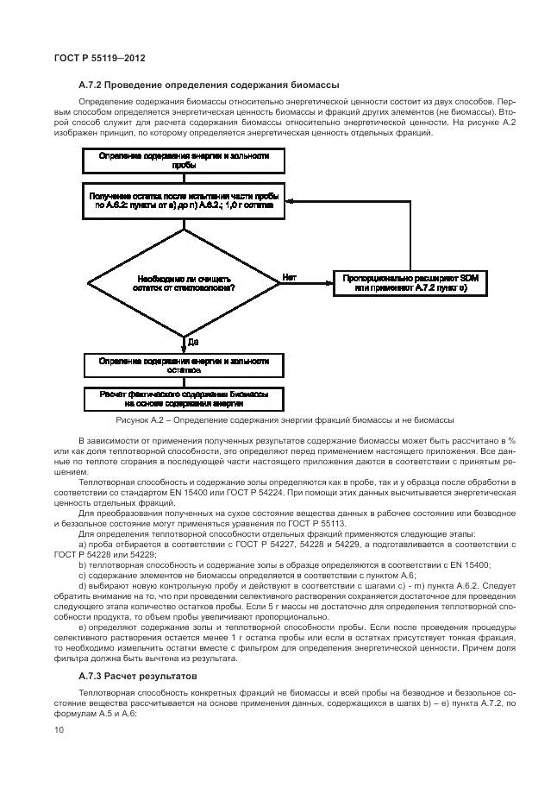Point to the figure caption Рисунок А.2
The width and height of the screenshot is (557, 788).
tap(285, 420)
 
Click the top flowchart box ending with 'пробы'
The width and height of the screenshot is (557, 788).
tap(183, 161)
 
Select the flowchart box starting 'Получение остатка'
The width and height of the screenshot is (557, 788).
tap(183, 202)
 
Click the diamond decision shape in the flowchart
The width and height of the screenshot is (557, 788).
tap(183, 282)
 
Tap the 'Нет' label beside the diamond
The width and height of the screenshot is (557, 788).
tap(289, 277)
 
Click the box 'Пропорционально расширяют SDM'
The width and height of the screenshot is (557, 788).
tap(411, 281)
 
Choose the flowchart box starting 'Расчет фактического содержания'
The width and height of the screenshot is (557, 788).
tap(183, 399)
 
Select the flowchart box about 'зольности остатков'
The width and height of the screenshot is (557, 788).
tap(183, 365)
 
